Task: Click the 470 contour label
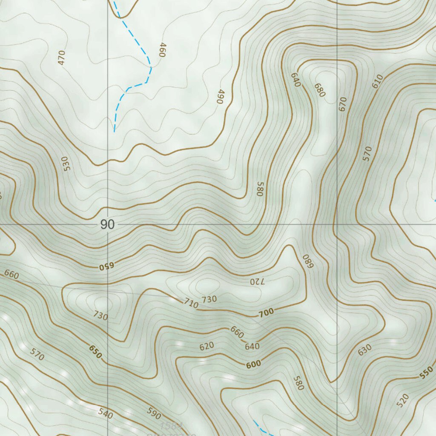[x=62, y=57]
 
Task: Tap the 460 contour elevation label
[x=161, y=50]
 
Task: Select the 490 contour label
[x=220, y=97]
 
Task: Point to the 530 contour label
[x=65, y=164]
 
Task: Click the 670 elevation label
[x=343, y=104]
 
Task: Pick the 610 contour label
[x=378, y=81]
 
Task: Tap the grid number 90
[x=108, y=224]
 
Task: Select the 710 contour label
[x=191, y=304]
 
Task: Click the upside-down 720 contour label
[x=257, y=281]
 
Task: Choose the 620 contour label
[x=207, y=346]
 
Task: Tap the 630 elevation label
[x=364, y=350]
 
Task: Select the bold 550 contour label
[x=426, y=373]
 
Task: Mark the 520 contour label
[x=402, y=400]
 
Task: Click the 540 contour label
[x=106, y=413]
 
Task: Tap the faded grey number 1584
[x=172, y=425]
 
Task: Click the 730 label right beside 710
[x=209, y=299]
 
